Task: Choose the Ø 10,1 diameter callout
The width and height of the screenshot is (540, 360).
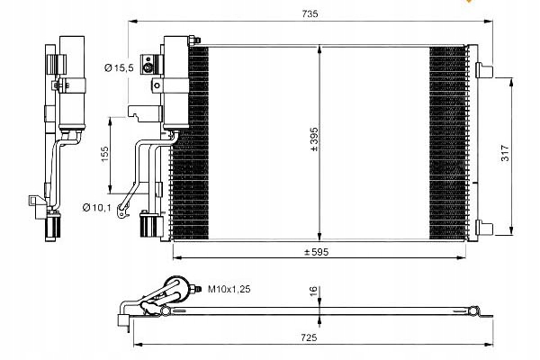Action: coord(94,208)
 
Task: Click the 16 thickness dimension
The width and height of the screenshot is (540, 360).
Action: coord(313,291)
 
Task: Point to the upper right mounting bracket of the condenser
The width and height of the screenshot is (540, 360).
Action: coord(482,71)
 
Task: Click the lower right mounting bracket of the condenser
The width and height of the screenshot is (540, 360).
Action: coord(482,229)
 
